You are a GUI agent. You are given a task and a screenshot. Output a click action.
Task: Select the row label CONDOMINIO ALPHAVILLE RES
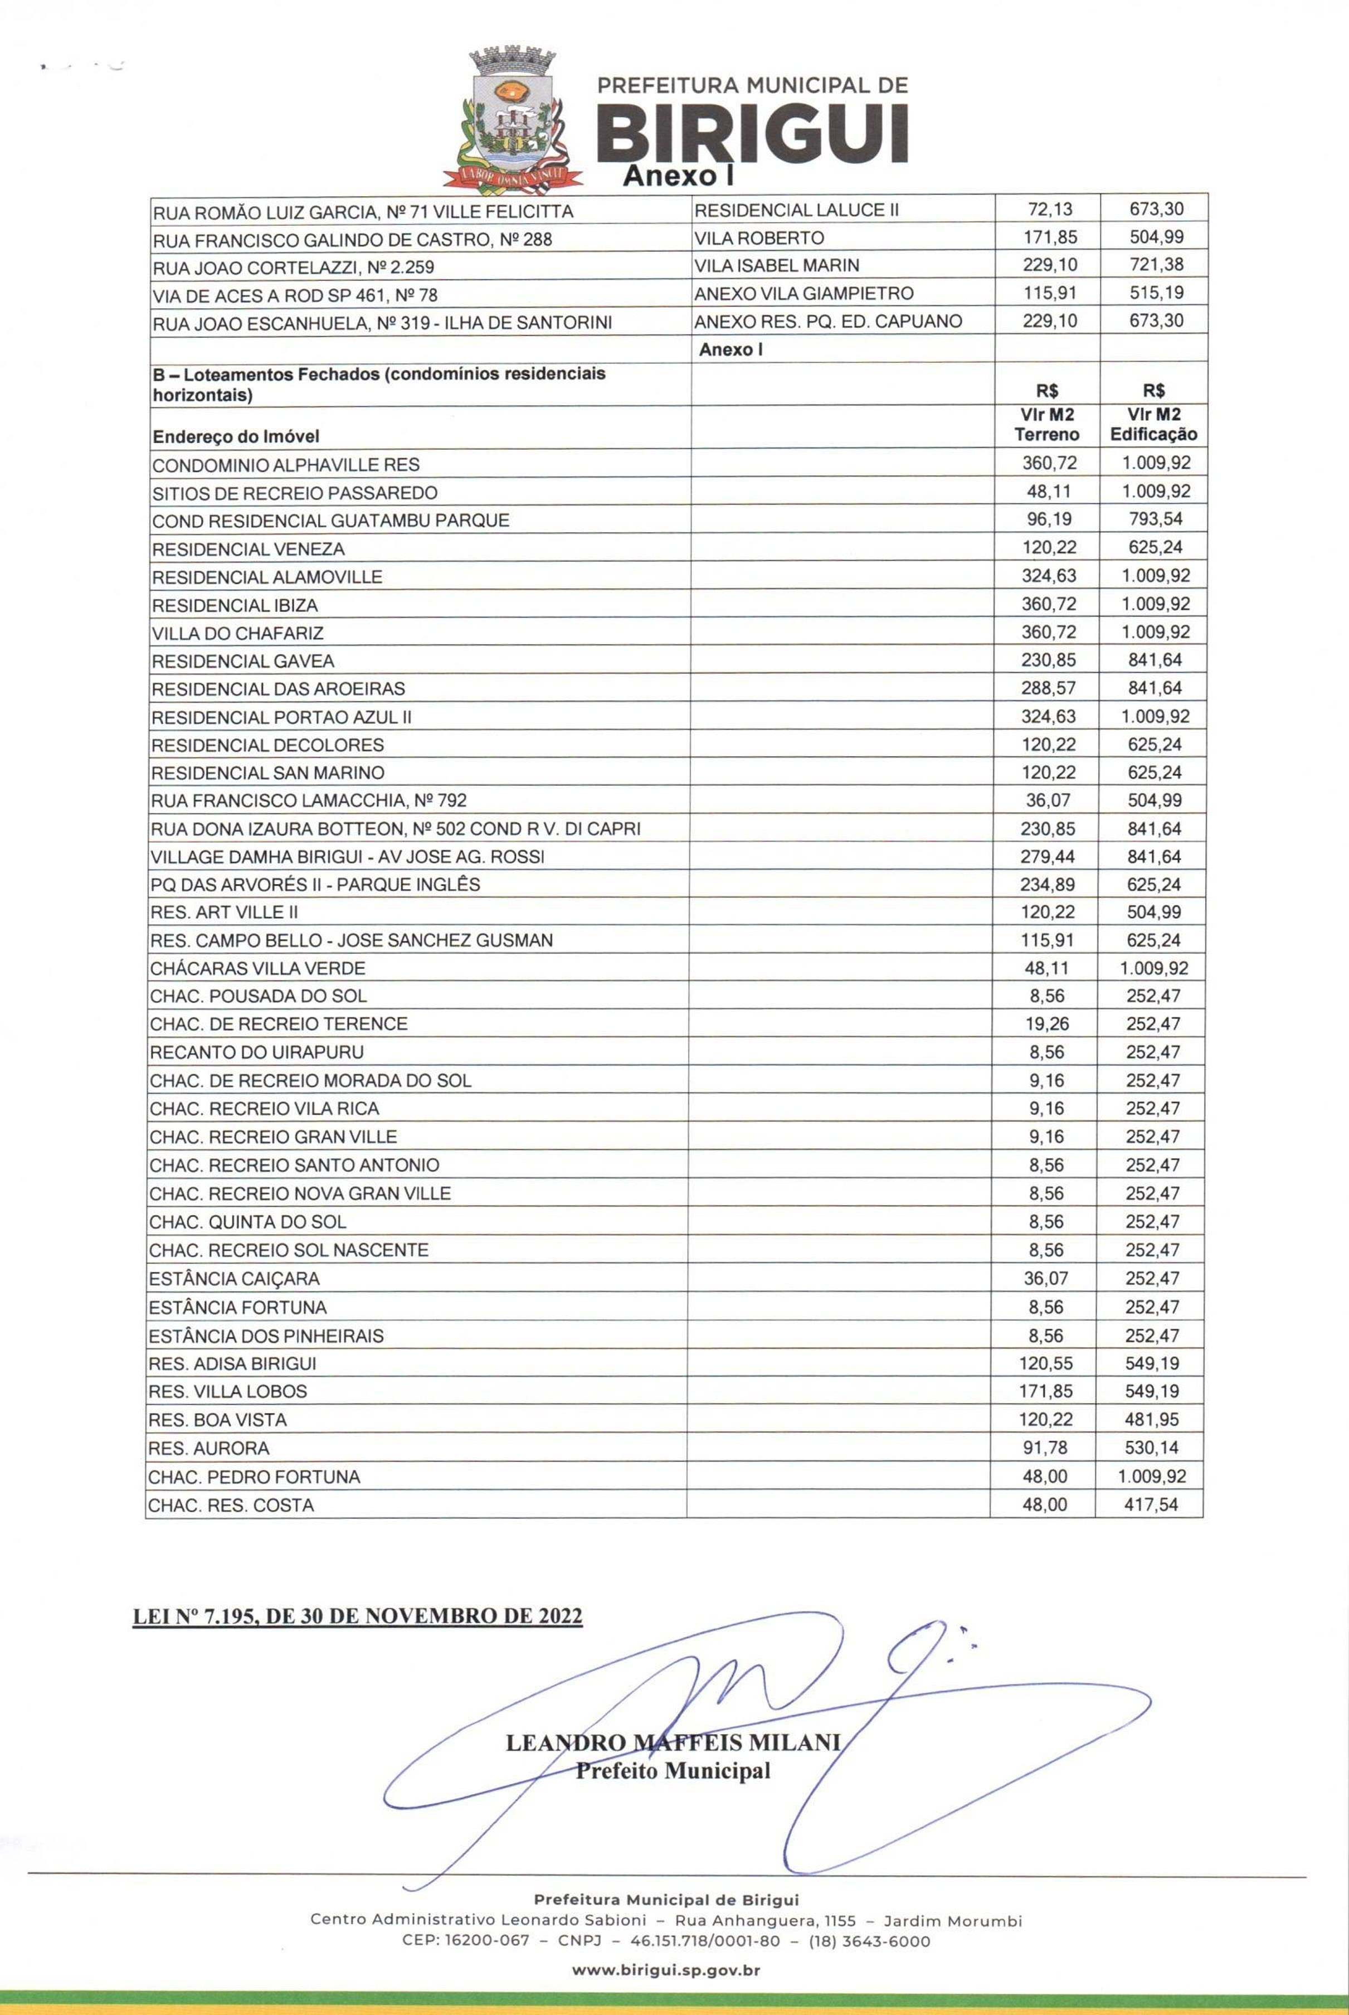pos(286,465)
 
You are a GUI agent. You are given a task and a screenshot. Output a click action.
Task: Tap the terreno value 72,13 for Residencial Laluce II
pos(1050,209)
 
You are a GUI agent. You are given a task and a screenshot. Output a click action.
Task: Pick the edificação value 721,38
pos(1156,265)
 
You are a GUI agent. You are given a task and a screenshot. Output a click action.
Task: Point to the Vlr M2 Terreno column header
pos(1047,425)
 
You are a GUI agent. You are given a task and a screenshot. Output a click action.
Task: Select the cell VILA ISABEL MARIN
pos(776,265)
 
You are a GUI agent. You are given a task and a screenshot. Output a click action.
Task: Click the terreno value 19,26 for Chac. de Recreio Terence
pos(1046,1024)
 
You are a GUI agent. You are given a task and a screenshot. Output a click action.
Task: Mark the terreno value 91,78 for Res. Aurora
pos(1045,1448)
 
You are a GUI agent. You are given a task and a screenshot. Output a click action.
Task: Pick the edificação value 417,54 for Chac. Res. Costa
pos(1151,1505)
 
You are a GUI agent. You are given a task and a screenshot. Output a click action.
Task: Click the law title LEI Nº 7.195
pos(357,1616)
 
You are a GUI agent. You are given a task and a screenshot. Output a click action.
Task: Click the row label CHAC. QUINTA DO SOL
pos(248,1222)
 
